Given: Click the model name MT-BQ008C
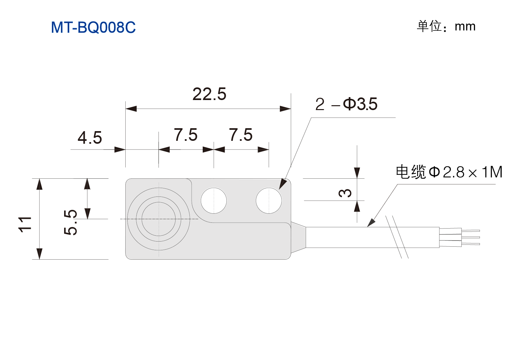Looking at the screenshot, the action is [x=93, y=28].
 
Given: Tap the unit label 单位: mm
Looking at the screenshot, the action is [x=446, y=26].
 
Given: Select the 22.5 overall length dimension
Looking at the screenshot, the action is [x=209, y=94].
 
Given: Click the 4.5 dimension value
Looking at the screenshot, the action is [x=90, y=138].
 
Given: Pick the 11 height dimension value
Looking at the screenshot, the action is [x=25, y=224].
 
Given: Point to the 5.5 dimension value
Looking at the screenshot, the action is [x=70, y=222].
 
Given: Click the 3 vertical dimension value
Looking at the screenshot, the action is [x=345, y=193].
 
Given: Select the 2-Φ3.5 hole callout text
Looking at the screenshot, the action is [x=346, y=104].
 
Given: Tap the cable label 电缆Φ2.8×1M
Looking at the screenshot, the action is [x=449, y=172].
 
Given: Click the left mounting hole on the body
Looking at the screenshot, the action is [x=214, y=200].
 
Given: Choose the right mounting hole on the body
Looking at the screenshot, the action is [x=269, y=200].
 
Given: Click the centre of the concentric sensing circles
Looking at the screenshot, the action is [x=158, y=219].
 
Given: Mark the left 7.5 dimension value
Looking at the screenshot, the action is [x=186, y=135].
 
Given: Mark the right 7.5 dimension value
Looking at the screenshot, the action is [x=241, y=135].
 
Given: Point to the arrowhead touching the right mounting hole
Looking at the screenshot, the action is [x=282, y=184].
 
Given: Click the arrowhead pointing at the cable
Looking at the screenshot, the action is [x=371, y=223].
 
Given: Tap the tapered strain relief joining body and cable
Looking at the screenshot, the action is [x=298, y=237].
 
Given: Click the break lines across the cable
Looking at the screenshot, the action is [x=397, y=237].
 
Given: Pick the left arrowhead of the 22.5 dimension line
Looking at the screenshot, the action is [x=131, y=108].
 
